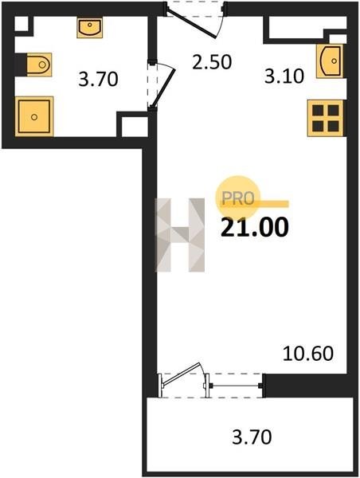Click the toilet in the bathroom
tap(39, 65)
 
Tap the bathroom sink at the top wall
tap(89, 27)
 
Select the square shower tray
tap(34, 116)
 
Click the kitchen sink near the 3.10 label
tap(330, 61)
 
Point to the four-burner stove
tap(326, 118)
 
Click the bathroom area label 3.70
tap(98, 79)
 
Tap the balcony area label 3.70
tap(252, 437)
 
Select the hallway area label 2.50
tap(212, 61)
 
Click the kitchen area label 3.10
tap(284, 76)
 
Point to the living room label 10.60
tap(308, 354)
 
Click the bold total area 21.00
tap(255, 227)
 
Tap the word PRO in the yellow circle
tap(238, 198)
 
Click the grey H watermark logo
tap(180, 235)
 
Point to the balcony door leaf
tap(181, 374)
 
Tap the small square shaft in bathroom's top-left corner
tap(22, 23)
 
